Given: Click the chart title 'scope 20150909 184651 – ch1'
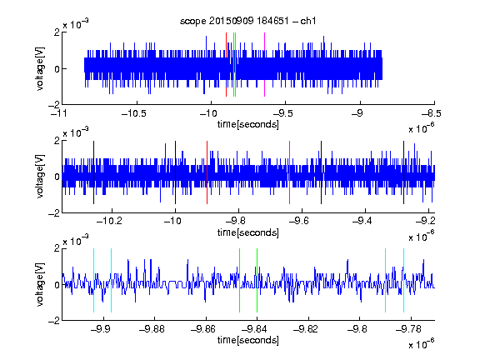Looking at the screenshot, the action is coord(247,21).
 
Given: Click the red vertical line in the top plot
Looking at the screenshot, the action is coord(226,65).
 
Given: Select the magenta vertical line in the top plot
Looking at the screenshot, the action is coord(264,65).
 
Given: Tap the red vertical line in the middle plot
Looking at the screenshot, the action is coord(207,172).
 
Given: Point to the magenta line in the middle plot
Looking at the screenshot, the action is coord(290,172).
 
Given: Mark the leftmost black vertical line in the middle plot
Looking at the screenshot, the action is coord(93,172).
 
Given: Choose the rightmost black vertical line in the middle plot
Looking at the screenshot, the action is coord(404,172).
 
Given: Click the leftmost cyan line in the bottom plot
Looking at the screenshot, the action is coord(93,280).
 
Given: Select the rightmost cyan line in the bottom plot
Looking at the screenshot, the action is coord(404,280).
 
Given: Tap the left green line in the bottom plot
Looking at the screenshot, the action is coord(239,280).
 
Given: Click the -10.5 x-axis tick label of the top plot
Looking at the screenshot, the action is coord(134,114).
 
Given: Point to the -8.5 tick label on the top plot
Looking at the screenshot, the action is coord(432,114).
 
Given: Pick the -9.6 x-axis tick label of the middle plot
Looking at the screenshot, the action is coord(298,221).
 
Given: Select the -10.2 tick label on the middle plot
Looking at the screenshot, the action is coord(109,221).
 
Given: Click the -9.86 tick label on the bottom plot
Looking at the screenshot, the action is coord(203,329).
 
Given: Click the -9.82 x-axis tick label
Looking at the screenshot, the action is coord(306,329).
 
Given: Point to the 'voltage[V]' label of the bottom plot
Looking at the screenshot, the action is coord(40,285).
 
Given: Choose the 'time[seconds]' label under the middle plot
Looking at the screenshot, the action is coord(248,233).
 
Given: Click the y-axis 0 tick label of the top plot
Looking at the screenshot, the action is coord(57,69).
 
